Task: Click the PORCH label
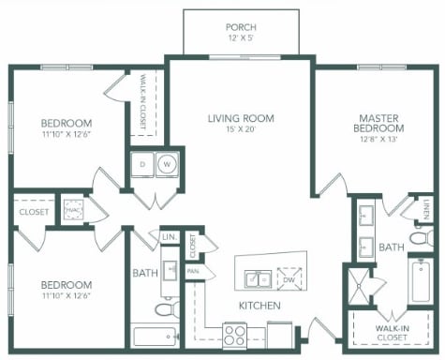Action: [241, 27]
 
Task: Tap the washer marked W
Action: [168, 164]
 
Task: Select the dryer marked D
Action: [142, 164]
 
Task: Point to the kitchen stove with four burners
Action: [235, 336]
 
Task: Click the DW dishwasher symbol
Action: [289, 279]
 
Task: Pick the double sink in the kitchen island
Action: [258, 278]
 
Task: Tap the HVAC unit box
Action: [73, 209]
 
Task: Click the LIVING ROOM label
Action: [241, 118]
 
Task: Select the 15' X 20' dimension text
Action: [241, 129]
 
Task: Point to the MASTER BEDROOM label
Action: [378, 123]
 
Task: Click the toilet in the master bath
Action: [422, 238]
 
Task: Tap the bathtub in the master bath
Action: [421, 281]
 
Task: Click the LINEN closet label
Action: [427, 209]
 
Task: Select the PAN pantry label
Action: [193, 271]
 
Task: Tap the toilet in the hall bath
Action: [168, 308]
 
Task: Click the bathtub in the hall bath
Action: [155, 337]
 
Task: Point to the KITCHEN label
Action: [260, 306]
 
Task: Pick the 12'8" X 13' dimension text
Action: [378, 139]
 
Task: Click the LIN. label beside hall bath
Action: [170, 237]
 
